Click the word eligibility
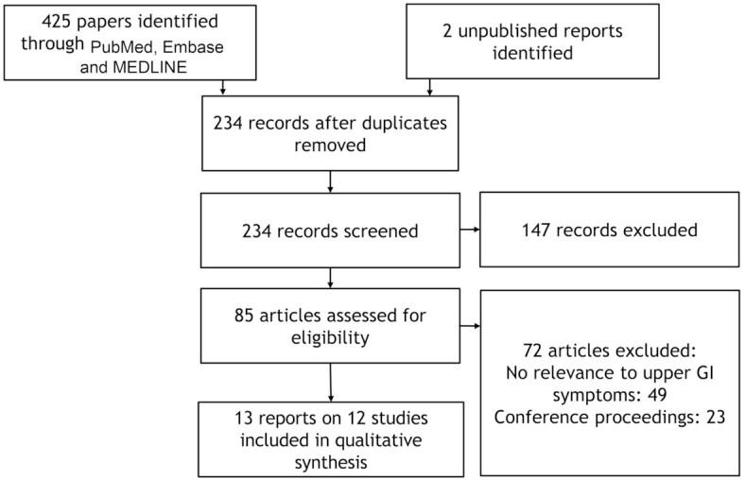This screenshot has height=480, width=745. coord(326,337)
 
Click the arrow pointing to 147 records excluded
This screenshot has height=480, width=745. coord(471,230)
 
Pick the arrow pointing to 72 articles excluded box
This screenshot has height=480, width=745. coord(471,326)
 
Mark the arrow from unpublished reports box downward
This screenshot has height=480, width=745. coord(430,88)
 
